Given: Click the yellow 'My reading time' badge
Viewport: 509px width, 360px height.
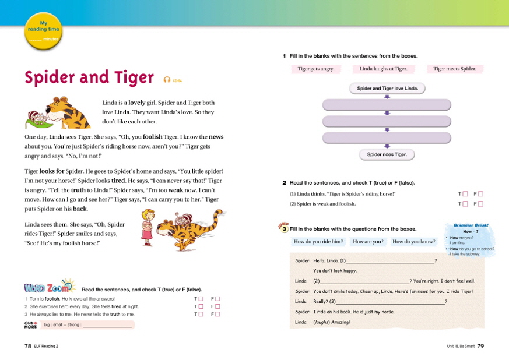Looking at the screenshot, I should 43,31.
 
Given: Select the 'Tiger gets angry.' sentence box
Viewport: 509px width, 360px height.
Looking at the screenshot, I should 315,69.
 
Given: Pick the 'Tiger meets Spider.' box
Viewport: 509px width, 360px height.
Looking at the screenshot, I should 455,69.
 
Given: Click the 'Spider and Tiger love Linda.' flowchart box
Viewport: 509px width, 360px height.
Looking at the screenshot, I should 387,89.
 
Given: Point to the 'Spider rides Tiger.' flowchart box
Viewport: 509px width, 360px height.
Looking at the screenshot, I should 387,154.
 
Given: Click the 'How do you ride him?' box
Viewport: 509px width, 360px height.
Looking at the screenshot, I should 318,242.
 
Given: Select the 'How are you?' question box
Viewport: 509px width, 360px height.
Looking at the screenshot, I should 368,242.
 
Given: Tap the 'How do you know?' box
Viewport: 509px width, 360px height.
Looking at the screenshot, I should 414,242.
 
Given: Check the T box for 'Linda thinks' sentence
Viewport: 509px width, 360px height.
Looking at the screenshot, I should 465,194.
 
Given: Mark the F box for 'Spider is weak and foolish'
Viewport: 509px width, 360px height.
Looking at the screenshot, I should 481,204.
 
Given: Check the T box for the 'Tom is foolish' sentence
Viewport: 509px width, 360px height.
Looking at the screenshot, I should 201,299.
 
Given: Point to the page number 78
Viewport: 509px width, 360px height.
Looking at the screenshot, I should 27,346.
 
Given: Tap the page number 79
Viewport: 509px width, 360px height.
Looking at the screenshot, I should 480,346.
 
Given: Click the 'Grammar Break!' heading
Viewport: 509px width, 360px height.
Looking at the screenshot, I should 471,225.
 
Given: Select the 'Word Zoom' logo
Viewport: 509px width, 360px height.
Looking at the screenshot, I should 49,288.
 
